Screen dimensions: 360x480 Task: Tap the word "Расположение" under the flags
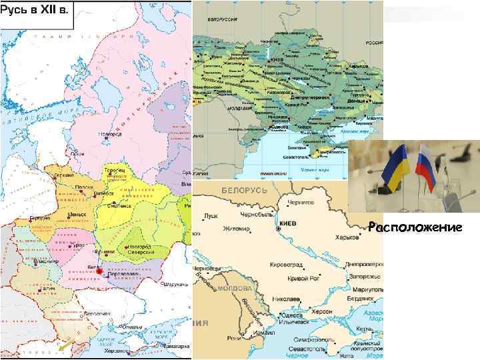point(415,228)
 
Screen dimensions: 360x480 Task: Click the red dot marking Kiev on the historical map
point(99,271)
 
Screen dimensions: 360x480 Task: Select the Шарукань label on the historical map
point(177,285)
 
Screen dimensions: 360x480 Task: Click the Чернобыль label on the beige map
point(256,215)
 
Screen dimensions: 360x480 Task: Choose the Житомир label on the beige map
point(237,229)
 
